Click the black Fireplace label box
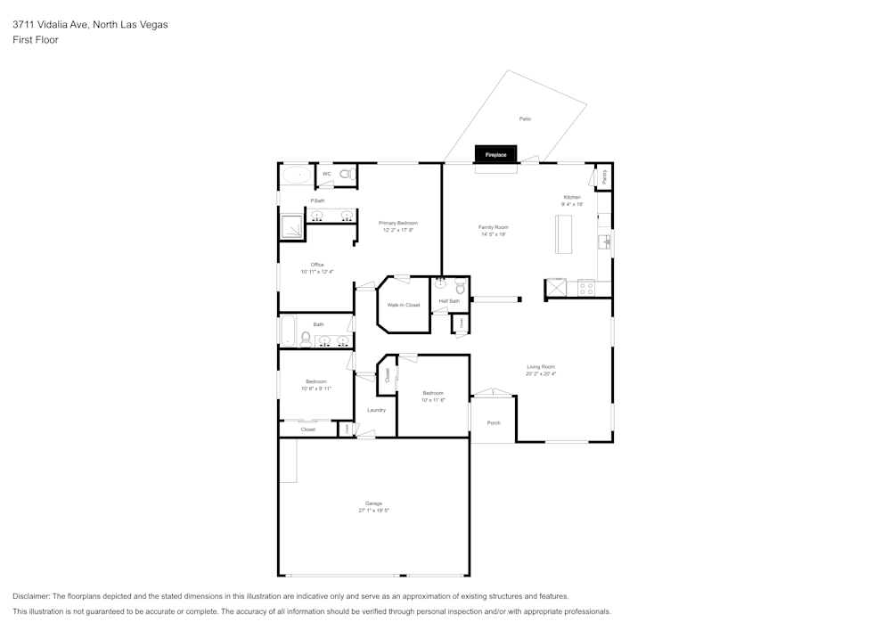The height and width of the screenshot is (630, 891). click(495, 155)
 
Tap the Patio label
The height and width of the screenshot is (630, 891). click(526, 119)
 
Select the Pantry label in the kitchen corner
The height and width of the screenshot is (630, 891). click(605, 176)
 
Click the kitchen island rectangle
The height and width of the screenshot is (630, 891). click(564, 235)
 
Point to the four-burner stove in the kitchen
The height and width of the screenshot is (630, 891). click(586, 288)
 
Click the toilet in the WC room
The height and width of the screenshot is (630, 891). click(347, 175)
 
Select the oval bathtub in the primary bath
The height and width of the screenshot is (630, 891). click(297, 175)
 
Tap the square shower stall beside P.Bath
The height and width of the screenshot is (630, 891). click(291, 226)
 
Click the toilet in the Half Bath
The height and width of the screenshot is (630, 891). click(460, 288)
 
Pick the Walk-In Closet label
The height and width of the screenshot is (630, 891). click(404, 305)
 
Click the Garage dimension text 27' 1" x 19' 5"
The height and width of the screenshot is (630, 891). click(374, 511)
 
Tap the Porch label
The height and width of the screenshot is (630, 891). click(494, 422)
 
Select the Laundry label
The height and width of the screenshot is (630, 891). click(376, 410)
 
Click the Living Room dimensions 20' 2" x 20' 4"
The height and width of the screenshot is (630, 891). click(541, 374)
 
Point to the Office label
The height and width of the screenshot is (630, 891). click(317, 265)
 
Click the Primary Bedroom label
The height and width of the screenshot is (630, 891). click(398, 223)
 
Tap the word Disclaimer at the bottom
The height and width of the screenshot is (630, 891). click(31, 596)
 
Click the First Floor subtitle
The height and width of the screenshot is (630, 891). click(36, 40)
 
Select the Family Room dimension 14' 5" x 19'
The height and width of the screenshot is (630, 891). click(494, 234)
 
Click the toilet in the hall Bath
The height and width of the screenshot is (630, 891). click(306, 339)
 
